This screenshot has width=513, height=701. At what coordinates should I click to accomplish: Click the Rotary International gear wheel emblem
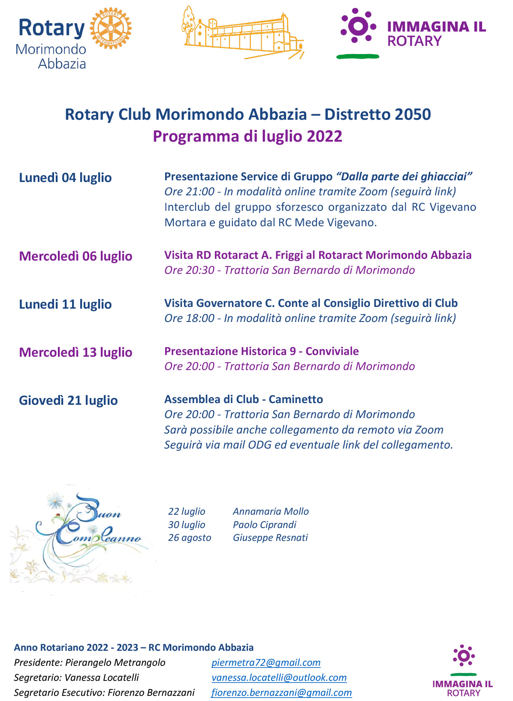[x=111, y=28]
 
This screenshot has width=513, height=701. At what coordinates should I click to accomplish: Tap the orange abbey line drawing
[x=243, y=33]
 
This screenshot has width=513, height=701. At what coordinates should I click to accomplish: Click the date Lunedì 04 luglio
[x=65, y=178]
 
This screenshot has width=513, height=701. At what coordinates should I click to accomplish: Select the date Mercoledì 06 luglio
[x=75, y=256]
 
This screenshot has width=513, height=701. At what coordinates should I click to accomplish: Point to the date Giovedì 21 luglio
[x=68, y=401]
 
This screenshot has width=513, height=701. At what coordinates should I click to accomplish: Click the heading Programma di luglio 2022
[x=247, y=137]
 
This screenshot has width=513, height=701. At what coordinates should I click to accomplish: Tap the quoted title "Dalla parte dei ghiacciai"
[x=404, y=176]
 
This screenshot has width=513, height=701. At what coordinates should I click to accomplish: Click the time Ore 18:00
[x=189, y=318]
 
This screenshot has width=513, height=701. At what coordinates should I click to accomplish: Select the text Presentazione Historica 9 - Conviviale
[x=261, y=351]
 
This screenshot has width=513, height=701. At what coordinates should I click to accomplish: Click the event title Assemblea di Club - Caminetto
[x=244, y=399]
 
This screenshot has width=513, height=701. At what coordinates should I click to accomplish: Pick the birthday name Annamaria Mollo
[x=271, y=511]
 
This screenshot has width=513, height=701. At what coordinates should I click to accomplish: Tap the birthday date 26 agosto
[x=190, y=537]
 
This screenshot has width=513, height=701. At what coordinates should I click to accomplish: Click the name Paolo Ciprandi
[x=265, y=525]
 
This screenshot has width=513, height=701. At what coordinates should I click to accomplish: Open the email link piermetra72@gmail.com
[x=266, y=662]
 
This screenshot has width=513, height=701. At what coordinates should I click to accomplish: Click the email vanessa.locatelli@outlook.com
[x=279, y=677]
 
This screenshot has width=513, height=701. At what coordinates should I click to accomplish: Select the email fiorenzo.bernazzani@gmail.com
[x=281, y=692]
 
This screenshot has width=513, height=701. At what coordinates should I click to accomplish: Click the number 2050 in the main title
[x=413, y=115]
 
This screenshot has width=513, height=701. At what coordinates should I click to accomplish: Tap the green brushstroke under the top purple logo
[x=358, y=56]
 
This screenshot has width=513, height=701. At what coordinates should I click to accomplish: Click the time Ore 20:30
[x=189, y=270]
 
